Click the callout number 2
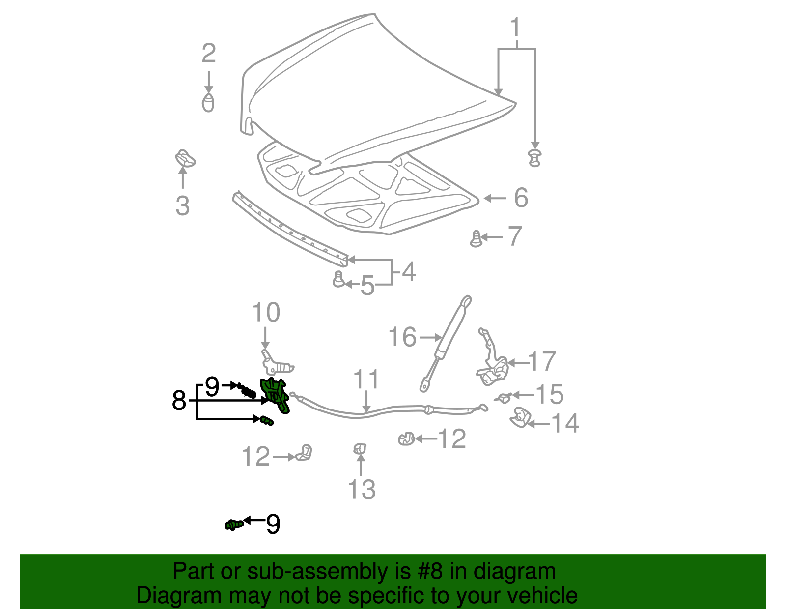click(209, 53)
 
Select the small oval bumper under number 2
click(208, 103)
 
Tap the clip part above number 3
click(185, 158)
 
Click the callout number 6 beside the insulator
click(521, 198)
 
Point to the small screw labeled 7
click(476, 239)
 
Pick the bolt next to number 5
click(338, 279)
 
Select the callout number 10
click(266, 312)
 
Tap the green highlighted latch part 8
click(277, 395)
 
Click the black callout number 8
click(179, 401)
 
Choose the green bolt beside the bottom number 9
click(234, 525)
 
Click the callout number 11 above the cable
click(366, 380)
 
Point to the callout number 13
click(362, 489)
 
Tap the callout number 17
click(542, 361)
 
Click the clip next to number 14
click(520, 418)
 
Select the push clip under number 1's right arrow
click(534, 158)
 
